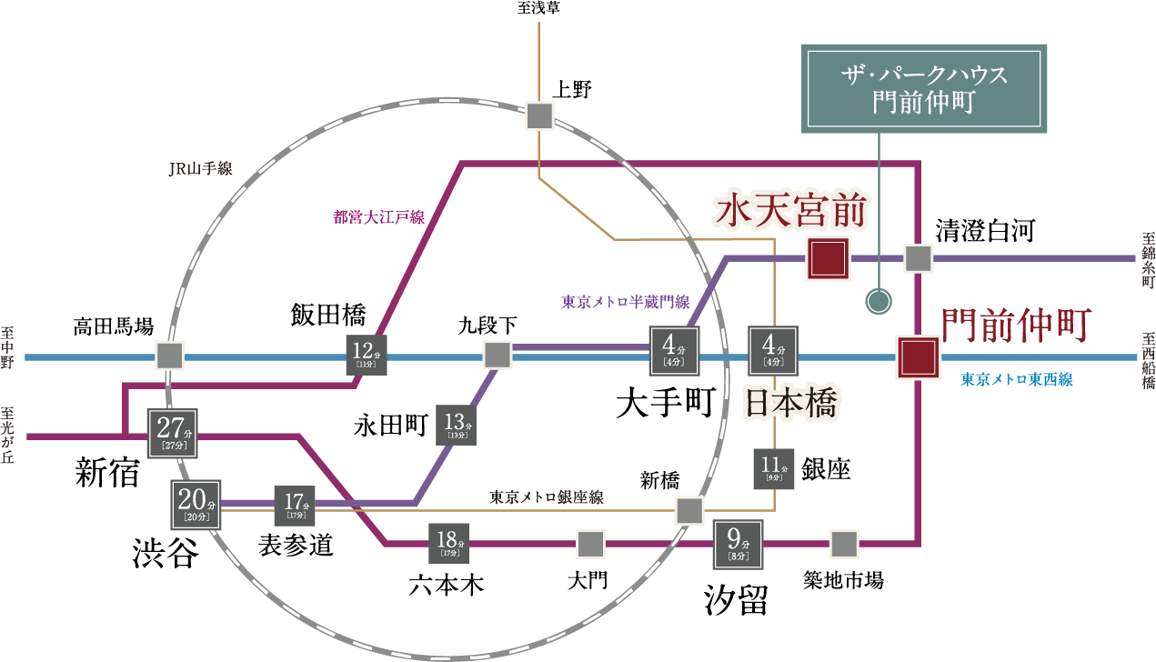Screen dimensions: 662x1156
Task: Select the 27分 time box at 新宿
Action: click(174, 431)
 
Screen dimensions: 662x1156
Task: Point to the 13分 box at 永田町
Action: click(456, 425)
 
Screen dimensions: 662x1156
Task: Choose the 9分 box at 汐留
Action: click(738, 543)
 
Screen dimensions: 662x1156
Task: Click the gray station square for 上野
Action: click(540, 116)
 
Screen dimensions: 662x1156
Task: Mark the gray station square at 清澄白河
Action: click(918, 259)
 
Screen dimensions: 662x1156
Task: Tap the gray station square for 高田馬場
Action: click(168, 356)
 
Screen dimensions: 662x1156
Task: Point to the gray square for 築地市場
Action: click(844, 544)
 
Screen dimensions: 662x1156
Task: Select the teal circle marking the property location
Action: click(878, 301)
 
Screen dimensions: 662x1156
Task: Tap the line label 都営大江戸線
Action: click(378, 217)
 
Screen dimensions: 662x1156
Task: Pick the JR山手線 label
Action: click(200, 169)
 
